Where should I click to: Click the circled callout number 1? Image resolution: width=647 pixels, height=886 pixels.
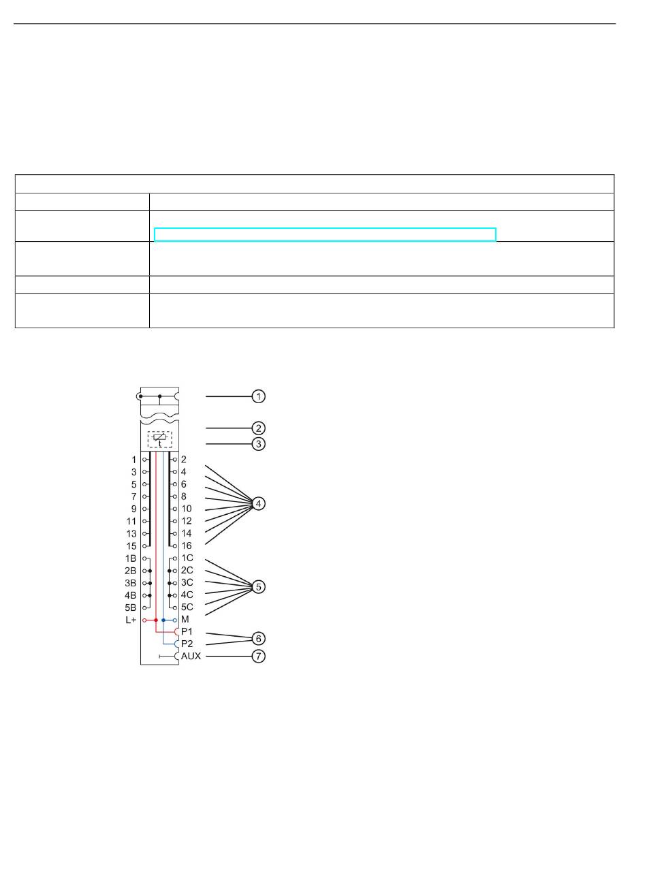[258, 396]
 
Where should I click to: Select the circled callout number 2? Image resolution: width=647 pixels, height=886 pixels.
[258, 428]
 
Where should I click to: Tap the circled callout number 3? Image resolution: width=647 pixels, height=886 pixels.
[258, 444]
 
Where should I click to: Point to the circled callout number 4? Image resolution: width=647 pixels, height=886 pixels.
[258, 503]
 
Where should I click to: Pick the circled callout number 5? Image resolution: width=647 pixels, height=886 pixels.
[258, 586]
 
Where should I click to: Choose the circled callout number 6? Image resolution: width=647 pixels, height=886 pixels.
[258, 638]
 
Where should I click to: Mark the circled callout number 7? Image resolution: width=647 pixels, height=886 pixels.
[258, 656]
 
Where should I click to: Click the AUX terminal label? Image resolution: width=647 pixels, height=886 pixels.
[191, 656]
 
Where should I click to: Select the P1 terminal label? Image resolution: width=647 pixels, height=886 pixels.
[187, 631]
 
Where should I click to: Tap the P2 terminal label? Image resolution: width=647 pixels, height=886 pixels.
[187, 644]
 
